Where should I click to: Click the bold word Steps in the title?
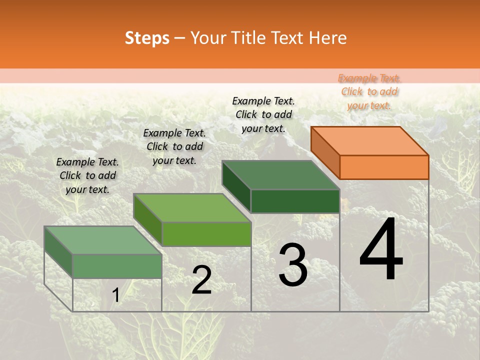(x=147, y=38)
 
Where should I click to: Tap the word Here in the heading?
(x=327, y=38)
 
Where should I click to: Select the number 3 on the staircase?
(x=292, y=265)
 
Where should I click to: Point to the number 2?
(x=201, y=280)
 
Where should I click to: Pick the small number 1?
(x=115, y=295)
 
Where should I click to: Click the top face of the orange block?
(x=370, y=140)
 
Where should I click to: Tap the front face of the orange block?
(x=384, y=167)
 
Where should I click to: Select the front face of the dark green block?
(x=295, y=201)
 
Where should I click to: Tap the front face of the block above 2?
(x=206, y=234)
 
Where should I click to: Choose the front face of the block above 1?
(x=117, y=266)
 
